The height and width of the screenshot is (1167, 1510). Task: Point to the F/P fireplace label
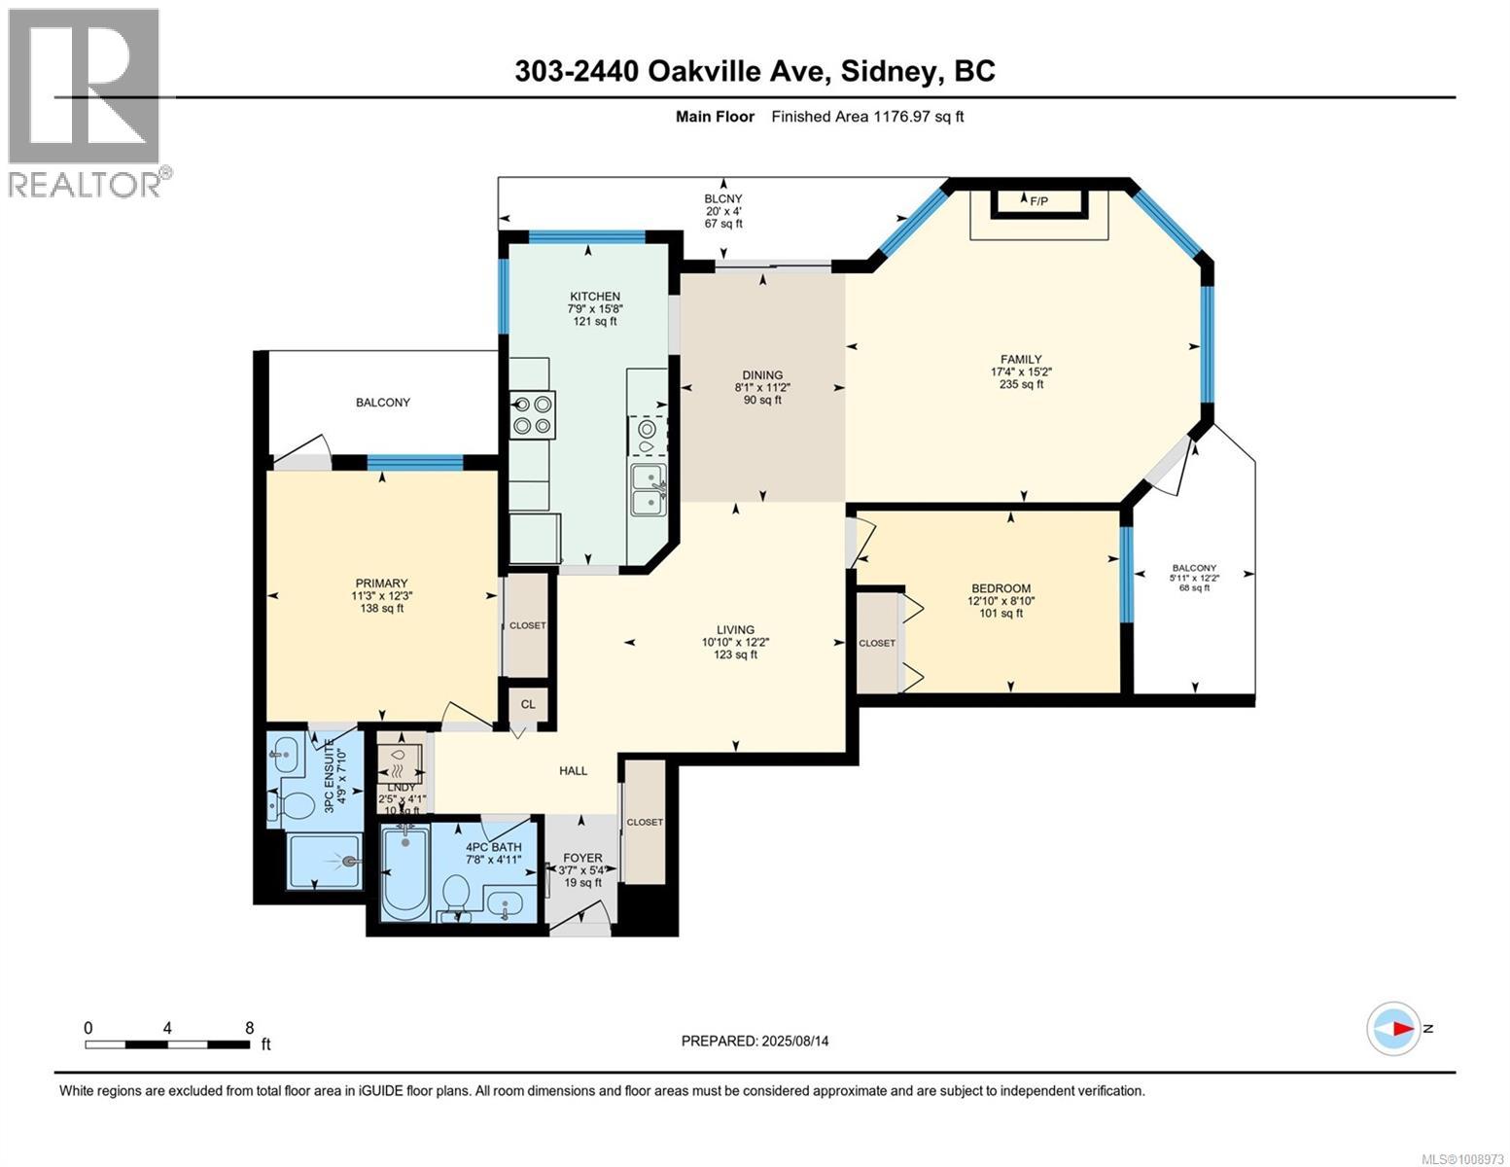1038,201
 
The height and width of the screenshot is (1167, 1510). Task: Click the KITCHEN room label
595,296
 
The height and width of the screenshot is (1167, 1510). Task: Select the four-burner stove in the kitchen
532,415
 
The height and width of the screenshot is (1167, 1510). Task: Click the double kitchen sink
649,490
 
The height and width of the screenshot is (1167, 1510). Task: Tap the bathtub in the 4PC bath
405,875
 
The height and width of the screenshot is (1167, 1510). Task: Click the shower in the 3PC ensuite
325,861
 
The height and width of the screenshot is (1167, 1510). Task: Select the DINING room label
762,375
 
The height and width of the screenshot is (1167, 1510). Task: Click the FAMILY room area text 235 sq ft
1022,384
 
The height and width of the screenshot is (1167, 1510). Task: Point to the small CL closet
528,704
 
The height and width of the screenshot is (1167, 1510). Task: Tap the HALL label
574,771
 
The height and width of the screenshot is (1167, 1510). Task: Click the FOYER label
582,859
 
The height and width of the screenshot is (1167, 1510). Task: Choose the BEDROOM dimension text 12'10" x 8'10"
1001,601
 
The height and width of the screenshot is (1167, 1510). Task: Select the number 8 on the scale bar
250,1028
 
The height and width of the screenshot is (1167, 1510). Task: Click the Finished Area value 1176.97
901,117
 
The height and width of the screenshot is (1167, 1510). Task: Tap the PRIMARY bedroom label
381,583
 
